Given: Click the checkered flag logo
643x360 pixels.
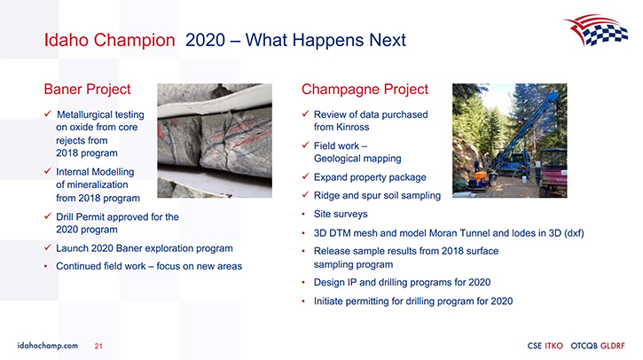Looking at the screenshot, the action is coord(595,29).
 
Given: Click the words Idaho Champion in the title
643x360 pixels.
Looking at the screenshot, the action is coord(109,40).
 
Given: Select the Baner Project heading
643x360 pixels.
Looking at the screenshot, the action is coord(87,90).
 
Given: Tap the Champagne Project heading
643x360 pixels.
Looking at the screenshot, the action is coord(365,90).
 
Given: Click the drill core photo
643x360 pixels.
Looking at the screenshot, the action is coord(215,141).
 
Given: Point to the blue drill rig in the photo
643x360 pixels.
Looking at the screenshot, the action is coord(521,139).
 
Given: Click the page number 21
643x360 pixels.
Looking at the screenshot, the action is coord(98,346).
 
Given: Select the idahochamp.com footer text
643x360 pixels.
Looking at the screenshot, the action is coord(48,346).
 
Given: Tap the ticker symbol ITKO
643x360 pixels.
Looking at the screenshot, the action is coord(553,346).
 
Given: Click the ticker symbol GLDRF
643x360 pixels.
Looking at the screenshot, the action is coord(613,346).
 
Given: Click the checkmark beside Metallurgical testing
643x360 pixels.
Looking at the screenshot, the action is coord(48,113).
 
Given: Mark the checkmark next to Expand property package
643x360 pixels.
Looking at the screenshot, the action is coord(305,176).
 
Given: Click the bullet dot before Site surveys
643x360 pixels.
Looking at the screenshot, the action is coord(303,214).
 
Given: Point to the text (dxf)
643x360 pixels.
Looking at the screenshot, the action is coord(574,233).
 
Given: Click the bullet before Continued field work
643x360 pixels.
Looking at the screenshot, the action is coord(46,267).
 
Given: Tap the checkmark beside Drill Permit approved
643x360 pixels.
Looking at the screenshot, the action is coord(48,215).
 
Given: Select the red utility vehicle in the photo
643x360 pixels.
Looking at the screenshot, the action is coord(553,172).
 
